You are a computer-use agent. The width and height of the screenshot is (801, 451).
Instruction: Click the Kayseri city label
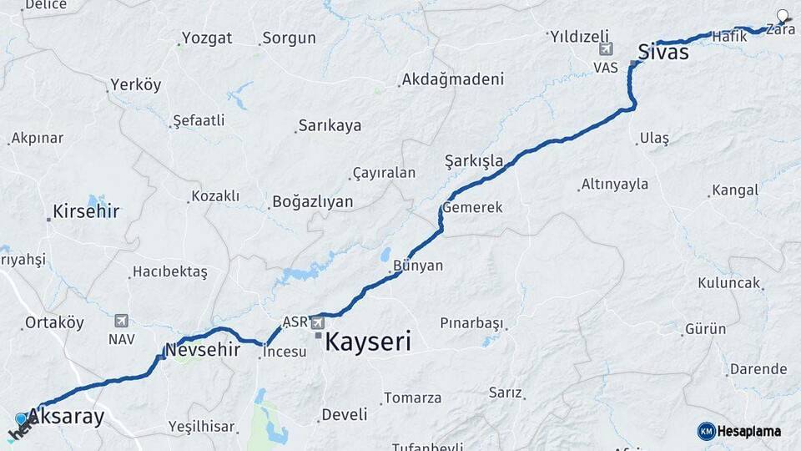pos(368,341)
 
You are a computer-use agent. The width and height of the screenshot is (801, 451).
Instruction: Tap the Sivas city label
pos(662,52)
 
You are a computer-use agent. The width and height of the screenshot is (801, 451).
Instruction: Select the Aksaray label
pos(66,417)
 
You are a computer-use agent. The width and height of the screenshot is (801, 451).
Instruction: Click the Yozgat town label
pos(207,38)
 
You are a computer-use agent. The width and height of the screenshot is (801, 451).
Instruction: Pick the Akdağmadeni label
pos(453,80)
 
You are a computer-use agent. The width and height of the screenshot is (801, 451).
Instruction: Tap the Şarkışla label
pos(474,160)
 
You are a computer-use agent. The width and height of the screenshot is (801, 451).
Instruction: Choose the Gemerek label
pos(473,207)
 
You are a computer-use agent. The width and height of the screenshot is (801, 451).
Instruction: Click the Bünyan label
pos(418,266)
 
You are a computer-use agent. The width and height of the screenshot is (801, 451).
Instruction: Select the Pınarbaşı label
pos(472,322)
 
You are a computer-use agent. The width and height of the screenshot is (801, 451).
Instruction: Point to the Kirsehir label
pos(85,211)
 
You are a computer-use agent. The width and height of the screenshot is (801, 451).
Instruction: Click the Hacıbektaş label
pos(169,272)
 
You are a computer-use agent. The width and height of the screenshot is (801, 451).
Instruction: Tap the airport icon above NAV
pos(121,321)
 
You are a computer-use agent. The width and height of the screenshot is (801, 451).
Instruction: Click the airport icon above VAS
pos(606,49)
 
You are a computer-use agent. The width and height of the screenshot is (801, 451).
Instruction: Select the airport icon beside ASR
pos(318,322)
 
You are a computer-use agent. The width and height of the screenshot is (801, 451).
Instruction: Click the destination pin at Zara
pos(783,16)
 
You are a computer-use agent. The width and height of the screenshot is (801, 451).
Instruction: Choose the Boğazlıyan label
pos(313,202)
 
